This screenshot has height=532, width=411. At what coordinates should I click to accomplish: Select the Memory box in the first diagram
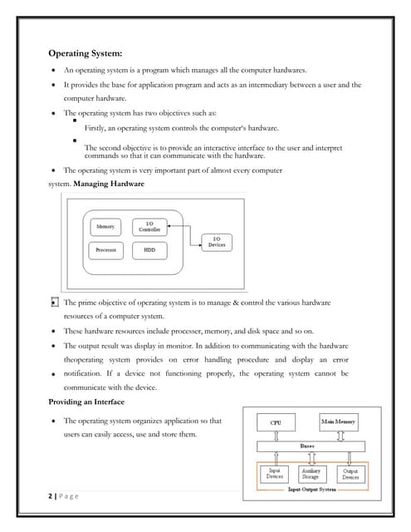point(105,226)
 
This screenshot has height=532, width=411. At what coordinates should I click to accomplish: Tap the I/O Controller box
point(149,226)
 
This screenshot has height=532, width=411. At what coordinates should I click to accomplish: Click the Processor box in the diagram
point(105,249)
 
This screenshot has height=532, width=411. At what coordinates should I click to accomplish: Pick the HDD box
point(149,249)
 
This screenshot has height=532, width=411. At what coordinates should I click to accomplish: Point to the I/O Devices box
point(217,242)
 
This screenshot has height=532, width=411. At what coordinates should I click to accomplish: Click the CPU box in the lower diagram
point(276,422)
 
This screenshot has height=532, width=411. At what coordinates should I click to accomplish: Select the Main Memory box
point(338,422)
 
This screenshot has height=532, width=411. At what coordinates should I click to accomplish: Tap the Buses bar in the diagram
point(306,446)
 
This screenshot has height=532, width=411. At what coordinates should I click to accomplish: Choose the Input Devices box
point(274,474)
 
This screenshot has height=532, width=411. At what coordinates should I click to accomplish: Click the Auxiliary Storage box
point(311,474)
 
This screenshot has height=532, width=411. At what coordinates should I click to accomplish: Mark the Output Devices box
point(350,474)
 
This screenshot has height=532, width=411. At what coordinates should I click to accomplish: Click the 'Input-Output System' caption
point(311,490)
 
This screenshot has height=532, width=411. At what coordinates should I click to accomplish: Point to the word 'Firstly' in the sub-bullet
point(96,128)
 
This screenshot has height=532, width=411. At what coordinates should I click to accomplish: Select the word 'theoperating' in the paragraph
point(88,359)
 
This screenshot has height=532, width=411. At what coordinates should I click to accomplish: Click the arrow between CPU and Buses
point(276,435)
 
